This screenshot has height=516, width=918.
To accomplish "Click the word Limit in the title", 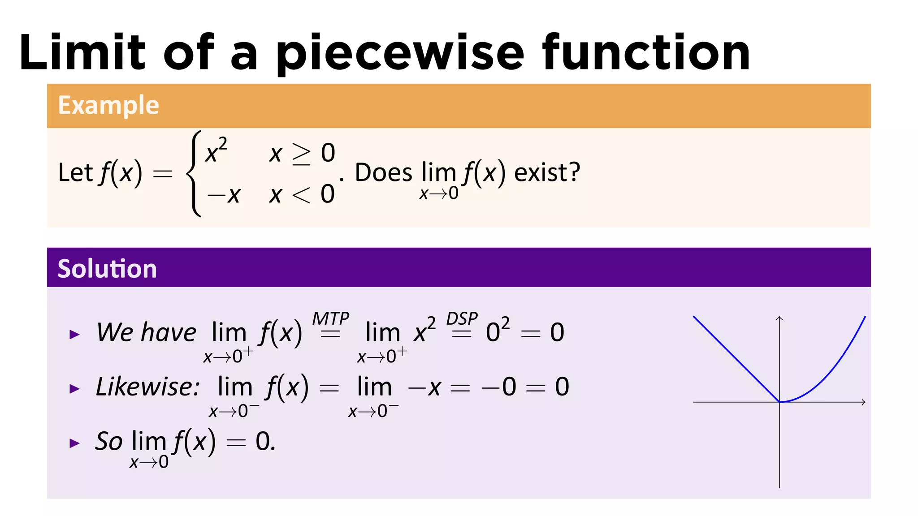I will tap(82, 53).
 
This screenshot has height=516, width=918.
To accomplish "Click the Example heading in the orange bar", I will tap(108, 106).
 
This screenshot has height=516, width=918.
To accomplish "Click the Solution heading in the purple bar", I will tap(107, 269).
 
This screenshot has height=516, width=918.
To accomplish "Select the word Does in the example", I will tap(383, 172).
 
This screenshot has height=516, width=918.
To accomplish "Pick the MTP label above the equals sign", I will tap(330, 319).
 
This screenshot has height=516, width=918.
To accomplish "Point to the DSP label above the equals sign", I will tap(462, 319).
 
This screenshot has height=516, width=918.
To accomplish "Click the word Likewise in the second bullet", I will tap(147, 387).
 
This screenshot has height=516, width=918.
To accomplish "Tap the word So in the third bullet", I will tap(109, 441).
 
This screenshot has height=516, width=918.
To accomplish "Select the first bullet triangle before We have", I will tap(74, 334).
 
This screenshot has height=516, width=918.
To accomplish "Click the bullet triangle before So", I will tap(74, 443).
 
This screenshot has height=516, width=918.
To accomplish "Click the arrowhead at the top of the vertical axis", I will tap(779, 318).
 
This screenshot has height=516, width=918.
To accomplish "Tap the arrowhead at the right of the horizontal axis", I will tap(863, 402).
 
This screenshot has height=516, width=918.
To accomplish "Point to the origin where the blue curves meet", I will tap(779, 402).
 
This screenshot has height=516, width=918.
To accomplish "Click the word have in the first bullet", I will tap(169, 332).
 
